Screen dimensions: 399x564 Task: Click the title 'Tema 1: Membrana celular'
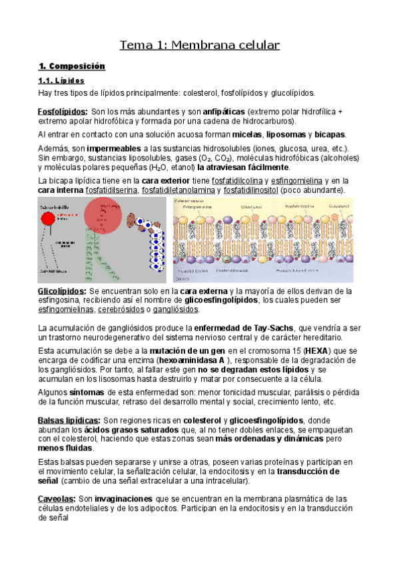click(x=199, y=45)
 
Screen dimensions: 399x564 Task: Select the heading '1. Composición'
click(x=72, y=67)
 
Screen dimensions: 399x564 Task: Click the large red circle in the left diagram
click(x=103, y=217)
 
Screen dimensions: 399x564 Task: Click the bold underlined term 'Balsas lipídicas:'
click(x=70, y=420)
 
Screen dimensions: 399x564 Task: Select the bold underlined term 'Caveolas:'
click(x=57, y=498)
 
